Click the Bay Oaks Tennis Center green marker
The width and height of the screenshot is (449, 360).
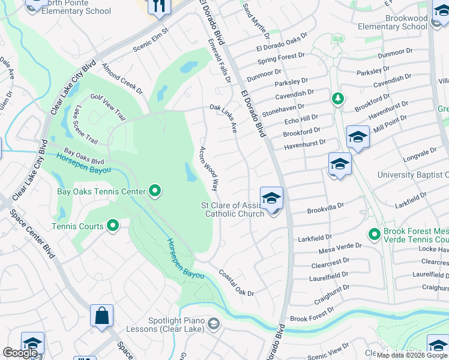[155, 191]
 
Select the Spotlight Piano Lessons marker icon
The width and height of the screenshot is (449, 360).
[213, 325]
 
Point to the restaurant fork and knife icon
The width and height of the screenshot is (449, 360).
[159, 6]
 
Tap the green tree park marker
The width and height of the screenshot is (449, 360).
[337, 98]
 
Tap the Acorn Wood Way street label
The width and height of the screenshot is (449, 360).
[208, 169]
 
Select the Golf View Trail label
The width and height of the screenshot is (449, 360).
[108, 106]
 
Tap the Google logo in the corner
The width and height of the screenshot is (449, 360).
[20, 353]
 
